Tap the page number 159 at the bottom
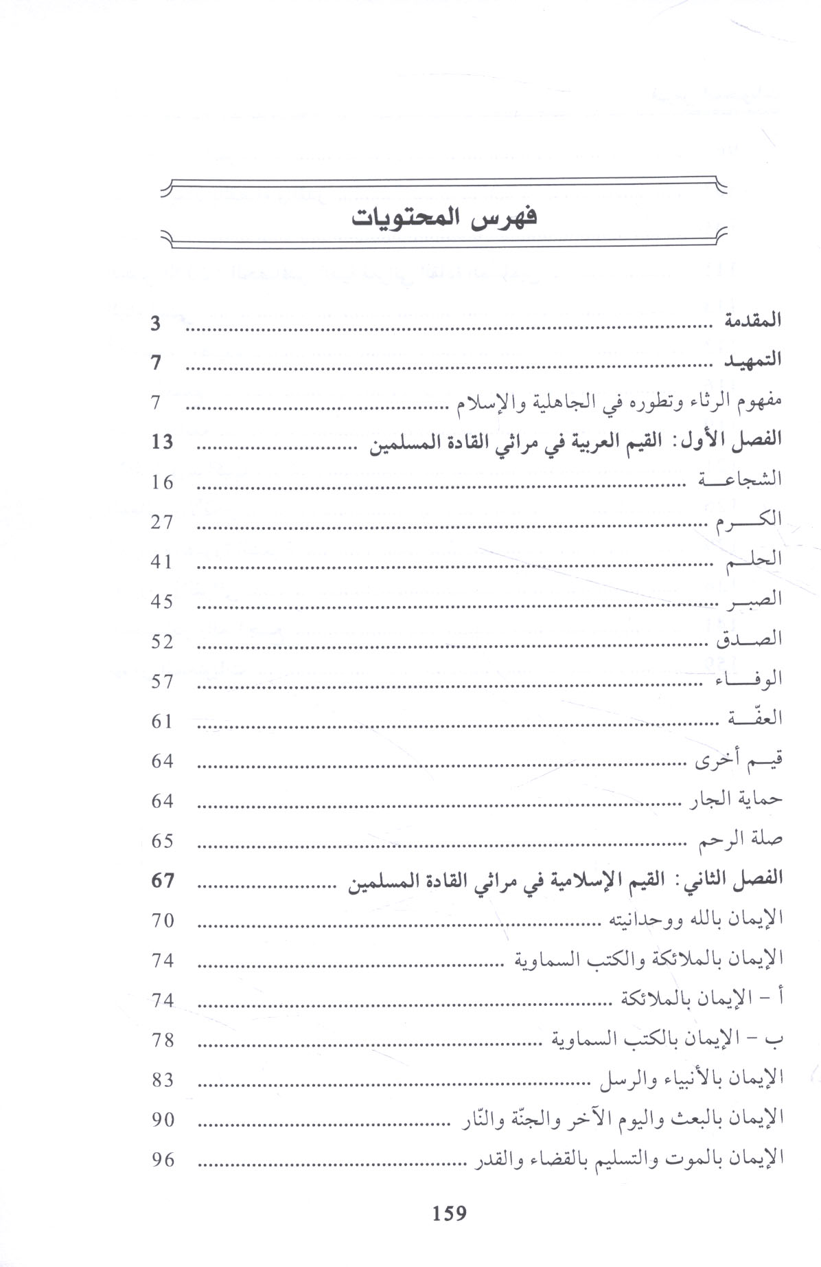pyautogui.click(x=449, y=1213)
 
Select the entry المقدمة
pyautogui.click(x=754, y=321)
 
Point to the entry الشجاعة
pyautogui.click(x=740, y=480)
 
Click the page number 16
pyautogui.click(x=163, y=482)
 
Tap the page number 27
pyautogui.click(x=163, y=522)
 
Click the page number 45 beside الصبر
pyautogui.click(x=163, y=602)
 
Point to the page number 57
pyautogui.click(x=163, y=682)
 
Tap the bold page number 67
pyautogui.click(x=163, y=880)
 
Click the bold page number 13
pyautogui.click(x=163, y=442)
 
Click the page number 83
pyautogui.click(x=163, y=1080)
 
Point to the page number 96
pyautogui.click(x=163, y=1160)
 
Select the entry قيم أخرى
pyautogui.click(x=739, y=760)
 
